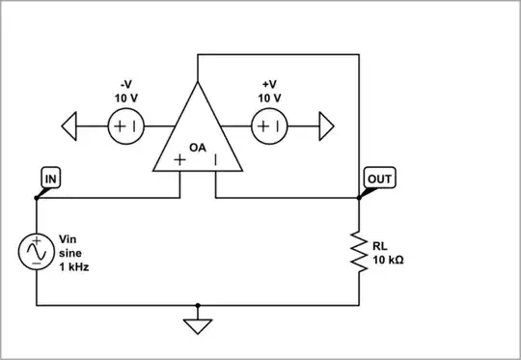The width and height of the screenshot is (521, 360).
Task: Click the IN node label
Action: pyautogui.click(x=50, y=179)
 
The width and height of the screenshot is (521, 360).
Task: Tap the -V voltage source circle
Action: pyautogui.click(x=124, y=126)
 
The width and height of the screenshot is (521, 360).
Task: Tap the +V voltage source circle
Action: pyautogui.click(x=269, y=126)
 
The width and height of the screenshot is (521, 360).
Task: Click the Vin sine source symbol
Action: pyautogui.click(x=37, y=252)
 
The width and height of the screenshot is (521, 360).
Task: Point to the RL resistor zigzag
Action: pyautogui.click(x=359, y=252)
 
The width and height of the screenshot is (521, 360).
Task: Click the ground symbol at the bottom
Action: pyautogui.click(x=197, y=325)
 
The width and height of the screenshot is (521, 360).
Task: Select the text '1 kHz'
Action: pyautogui.click(x=74, y=266)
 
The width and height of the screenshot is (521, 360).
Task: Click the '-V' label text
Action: pyautogui.click(x=124, y=83)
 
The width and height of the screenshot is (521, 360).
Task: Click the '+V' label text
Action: pyautogui.click(x=269, y=83)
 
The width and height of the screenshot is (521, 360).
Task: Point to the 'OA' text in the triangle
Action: pyautogui.click(x=198, y=147)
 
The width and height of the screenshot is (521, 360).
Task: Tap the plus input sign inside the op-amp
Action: pyautogui.click(x=180, y=160)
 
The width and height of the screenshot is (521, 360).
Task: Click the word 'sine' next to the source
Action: pyautogui.click(x=71, y=253)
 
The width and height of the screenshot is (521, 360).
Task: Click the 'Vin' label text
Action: pyautogui.click(x=69, y=238)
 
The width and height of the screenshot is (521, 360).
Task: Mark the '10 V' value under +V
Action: pyautogui.click(x=269, y=97)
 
